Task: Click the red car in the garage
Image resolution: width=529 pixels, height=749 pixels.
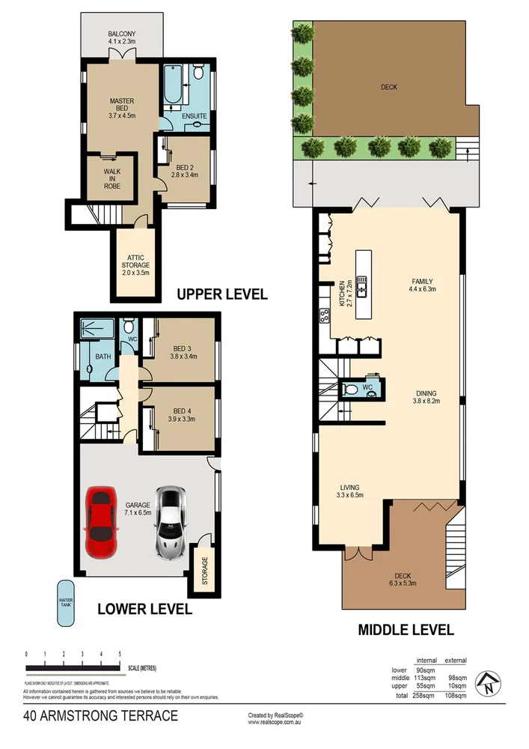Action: pyautogui.click(x=102, y=523)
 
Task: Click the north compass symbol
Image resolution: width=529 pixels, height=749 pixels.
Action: pyautogui.click(x=489, y=682)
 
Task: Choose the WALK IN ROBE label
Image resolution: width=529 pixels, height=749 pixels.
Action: pyautogui.click(x=111, y=177)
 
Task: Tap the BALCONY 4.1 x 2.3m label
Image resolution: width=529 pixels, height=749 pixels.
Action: pyautogui.click(x=121, y=39)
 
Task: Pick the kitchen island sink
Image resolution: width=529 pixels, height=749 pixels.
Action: pyautogui.click(x=361, y=285)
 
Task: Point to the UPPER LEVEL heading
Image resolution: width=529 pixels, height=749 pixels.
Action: pyautogui.click(x=221, y=294)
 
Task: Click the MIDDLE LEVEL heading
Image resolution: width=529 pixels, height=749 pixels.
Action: pyautogui.click(x=406, y=630)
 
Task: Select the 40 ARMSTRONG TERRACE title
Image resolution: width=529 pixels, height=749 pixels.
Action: pyautogui.click(x=100, y=716)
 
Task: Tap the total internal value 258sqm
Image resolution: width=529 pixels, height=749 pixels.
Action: pyautogui.click(x=426, y=697)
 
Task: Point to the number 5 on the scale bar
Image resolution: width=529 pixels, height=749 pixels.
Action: pyautogui.click(x=120, y=655)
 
